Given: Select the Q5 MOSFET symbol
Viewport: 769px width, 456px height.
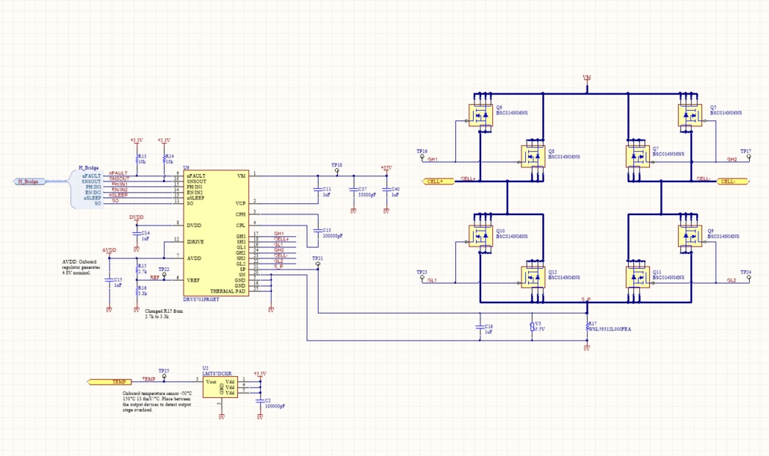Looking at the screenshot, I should click(690, 114).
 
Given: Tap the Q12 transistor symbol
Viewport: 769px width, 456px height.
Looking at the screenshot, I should click(533, 277).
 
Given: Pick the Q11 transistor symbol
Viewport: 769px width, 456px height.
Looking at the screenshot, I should click(638, 277).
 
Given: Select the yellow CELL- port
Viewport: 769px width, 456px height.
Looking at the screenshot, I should click(733, 181).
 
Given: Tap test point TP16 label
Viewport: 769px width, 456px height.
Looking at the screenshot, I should click(422, 151).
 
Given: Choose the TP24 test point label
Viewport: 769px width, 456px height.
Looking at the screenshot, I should click(745, 272).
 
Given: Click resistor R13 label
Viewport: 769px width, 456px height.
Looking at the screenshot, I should click(142, 156).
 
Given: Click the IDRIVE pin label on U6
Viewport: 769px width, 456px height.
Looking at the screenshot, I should click(195, 242).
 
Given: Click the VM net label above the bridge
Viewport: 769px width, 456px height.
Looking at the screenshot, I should click(586, 77).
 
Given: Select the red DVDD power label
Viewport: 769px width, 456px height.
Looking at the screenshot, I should click(136, 217).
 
